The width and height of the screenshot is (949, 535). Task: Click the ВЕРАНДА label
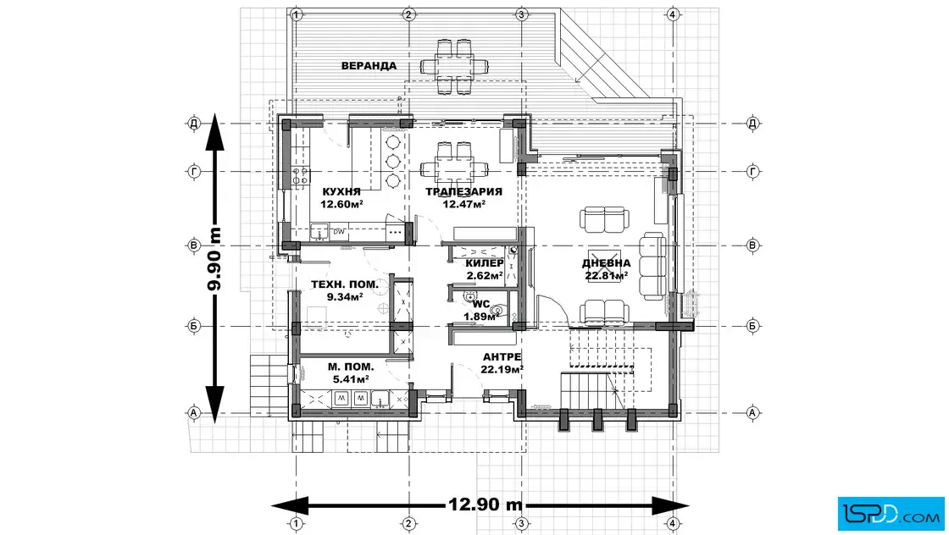(x=369, y=65)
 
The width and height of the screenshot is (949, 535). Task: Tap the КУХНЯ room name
(x=341, y=191)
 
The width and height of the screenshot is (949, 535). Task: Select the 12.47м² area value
(x=463, y=204)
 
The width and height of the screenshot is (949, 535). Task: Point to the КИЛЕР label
(x=484, y=263)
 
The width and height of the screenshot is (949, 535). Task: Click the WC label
(x=482, y=304)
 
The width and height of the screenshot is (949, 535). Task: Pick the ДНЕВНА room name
(x=607, y=263)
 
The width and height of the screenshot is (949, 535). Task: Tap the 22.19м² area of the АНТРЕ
(x=502, y=369)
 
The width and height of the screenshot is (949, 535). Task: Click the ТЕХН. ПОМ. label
(x=344, y=284)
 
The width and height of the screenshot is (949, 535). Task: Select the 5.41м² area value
(x=351, y=379)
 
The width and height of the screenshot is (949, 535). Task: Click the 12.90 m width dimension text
(x=486, y=504)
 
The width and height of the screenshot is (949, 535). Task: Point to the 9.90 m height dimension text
(x=214, y=259)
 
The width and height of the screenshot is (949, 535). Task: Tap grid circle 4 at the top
(x=673, y=14)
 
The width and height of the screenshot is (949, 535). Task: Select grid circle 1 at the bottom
(x=296, y=523)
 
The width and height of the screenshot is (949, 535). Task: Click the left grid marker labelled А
(x=194, y=413)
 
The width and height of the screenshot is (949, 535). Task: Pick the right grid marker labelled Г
(x=753, y=172)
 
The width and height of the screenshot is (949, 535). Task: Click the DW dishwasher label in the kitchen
(x=339, y=232)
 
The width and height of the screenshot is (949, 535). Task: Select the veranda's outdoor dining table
(x=454, y=65)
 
